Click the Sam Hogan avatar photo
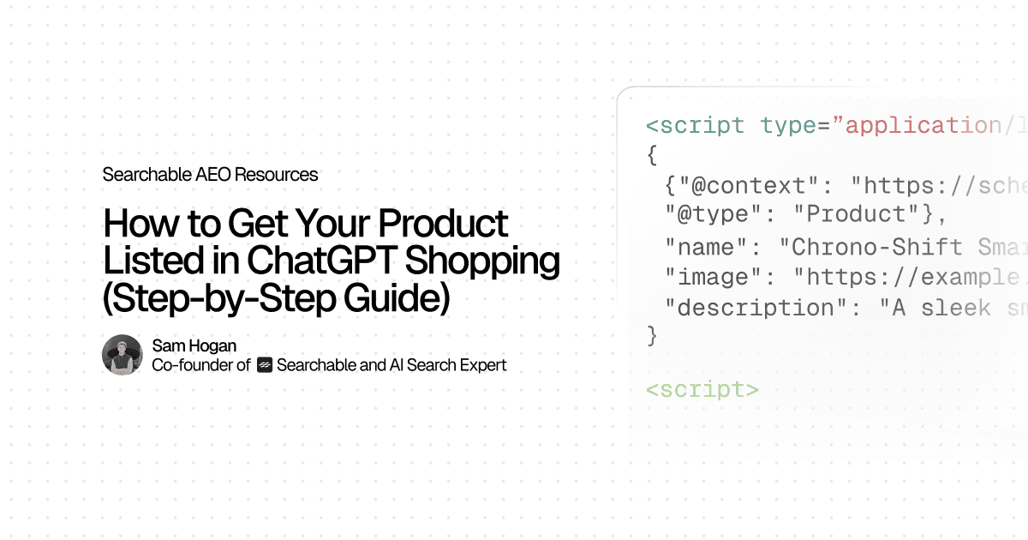coord(122,355)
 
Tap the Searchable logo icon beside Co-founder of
coord(265,365)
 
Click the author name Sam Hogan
coord(194,345)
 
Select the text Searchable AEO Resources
coord(210,175)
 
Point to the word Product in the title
coord(444,225)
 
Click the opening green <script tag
coord(695,126)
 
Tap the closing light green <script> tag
coord(702,389)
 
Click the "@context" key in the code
coord(744,185)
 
